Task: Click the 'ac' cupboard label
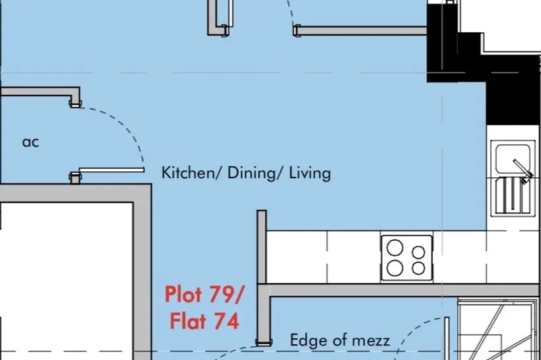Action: tap(30, 142)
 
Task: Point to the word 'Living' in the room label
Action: tap(310, 173)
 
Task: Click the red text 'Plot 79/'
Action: tap(205, 295)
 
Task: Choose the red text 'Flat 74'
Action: tap(205, 320)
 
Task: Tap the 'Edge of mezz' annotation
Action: tap(340, 340)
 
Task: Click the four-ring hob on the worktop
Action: tap(407, 258)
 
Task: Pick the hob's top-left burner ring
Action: tap(395, 248)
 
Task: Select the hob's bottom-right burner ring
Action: tap(418, 268)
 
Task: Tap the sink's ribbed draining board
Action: tap(513, 196)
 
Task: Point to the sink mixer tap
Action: tap(523, 171)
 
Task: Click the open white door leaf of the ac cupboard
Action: tap(111, 169)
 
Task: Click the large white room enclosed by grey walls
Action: tap(67, 281)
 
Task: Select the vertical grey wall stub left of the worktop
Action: tap(261, 247)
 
